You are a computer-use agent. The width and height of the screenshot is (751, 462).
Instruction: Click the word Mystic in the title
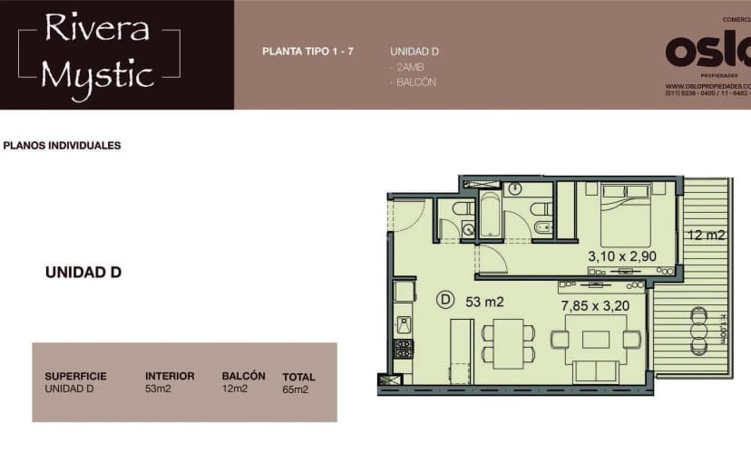[97, 74]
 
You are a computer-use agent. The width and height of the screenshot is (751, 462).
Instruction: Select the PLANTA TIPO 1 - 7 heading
[307, 52]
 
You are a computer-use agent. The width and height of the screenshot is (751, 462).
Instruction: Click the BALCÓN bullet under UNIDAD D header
[415, 82]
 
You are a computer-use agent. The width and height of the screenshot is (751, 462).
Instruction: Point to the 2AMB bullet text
[407, 67]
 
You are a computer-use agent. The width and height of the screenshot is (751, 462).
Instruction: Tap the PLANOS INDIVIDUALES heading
[63, 145]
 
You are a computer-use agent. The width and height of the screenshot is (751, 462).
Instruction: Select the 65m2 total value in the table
[296, 390]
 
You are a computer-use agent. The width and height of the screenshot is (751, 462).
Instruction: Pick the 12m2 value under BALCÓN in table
[234, 389]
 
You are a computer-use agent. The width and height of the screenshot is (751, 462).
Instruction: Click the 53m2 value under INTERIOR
[158, 389]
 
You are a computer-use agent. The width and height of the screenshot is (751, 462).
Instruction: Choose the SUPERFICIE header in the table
[75, 376]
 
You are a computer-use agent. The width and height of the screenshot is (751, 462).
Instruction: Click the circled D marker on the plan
[445, 298]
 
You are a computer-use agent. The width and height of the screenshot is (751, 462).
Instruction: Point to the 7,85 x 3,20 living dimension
[595, 305]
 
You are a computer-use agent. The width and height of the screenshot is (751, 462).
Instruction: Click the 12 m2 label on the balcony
[706, 236]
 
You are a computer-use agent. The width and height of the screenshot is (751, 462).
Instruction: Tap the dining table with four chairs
[508, 342]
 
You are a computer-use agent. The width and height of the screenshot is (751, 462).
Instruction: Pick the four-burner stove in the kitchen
[404, 348]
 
